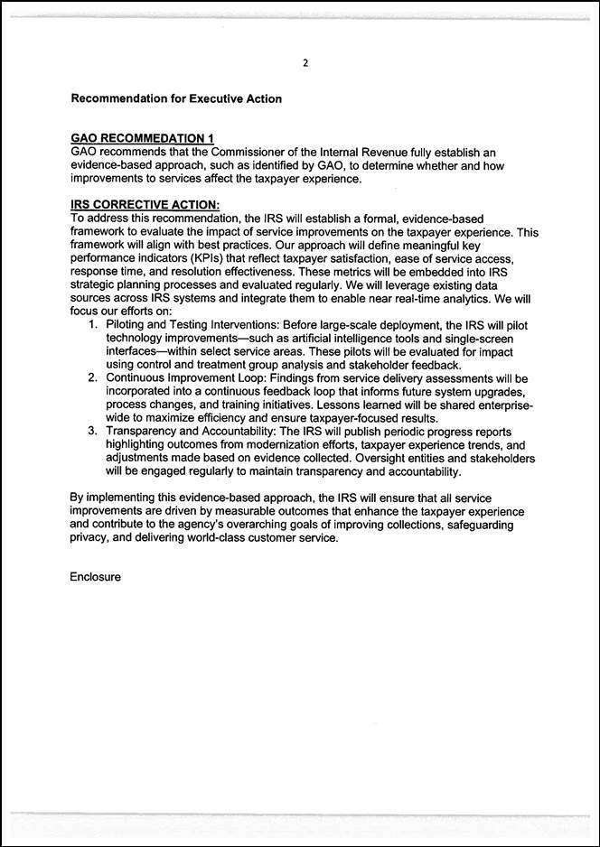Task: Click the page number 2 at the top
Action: pyautogui.click(x=305, y=62)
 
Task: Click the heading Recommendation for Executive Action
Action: pyautogui.click(x=176, y=98)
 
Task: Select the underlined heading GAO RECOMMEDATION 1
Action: pyautogui.click(x=142, y=137)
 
